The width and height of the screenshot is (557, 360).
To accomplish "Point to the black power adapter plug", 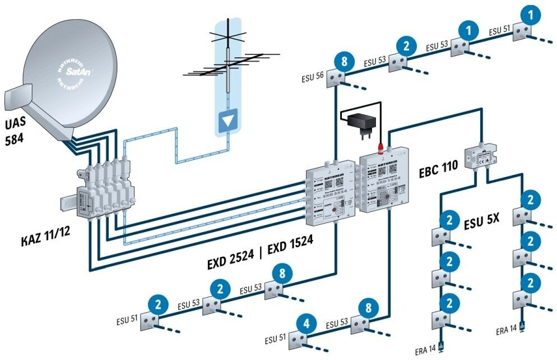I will (358, 121).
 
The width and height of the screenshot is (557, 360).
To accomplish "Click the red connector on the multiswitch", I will (380, 148).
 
